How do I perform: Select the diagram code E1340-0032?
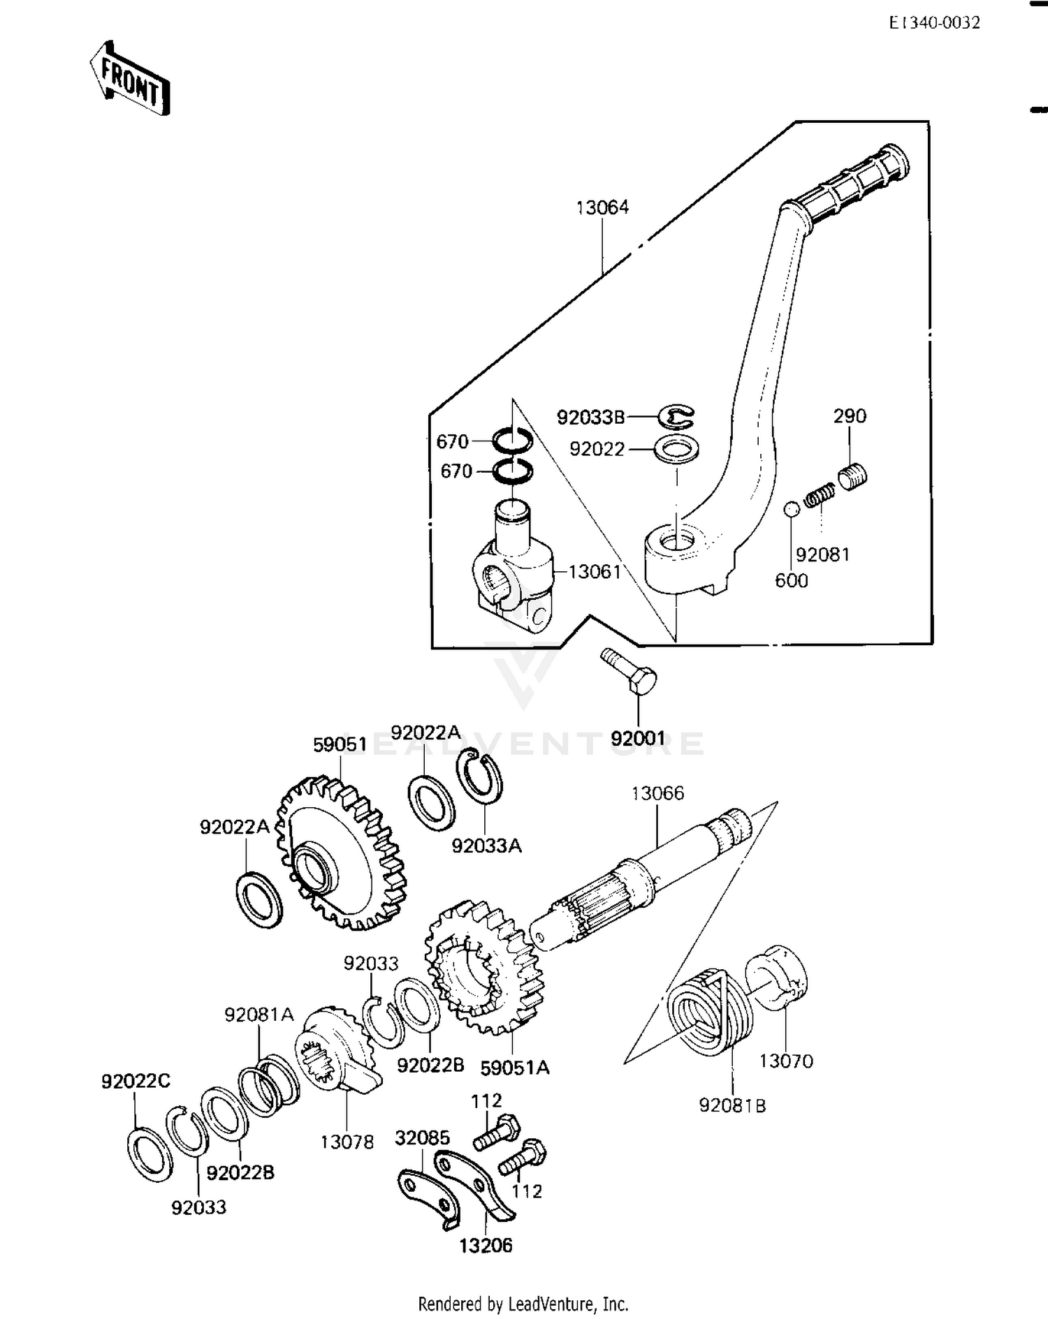[x=934, y=23]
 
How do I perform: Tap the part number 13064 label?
[x=602, y=207]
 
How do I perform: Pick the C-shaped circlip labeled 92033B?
[x=676, y=417]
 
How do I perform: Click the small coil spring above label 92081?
[x=820, y=496]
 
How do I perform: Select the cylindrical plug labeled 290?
[x=852, y=478]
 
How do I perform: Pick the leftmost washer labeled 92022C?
[x=150, y=1154]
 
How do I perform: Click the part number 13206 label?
[x=486, y=1245]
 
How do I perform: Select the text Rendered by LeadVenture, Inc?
[x=523, y=1304]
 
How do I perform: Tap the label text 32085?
[x=422, y=1137]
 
